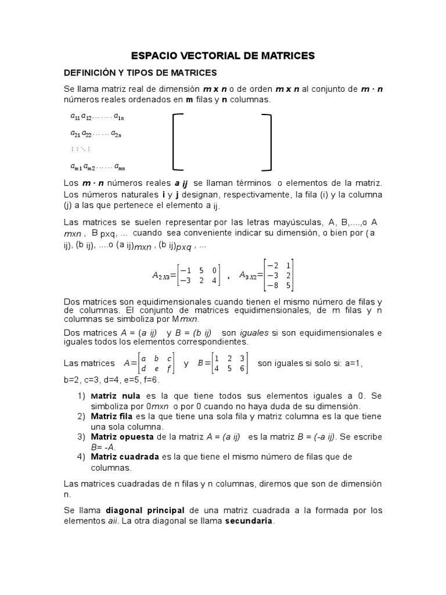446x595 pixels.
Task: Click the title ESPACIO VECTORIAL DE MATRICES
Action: pyautogui.click(x=222, y=56)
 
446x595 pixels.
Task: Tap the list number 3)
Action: pyautogui.click(x=81, y=437)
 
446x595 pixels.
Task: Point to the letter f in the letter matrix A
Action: pyautogui.click(x=168, y=368)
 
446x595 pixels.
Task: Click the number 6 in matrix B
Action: pyautogui.click(x=243, y=368)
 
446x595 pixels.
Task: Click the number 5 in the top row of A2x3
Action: pyautogui.click(x=200, y=270)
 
